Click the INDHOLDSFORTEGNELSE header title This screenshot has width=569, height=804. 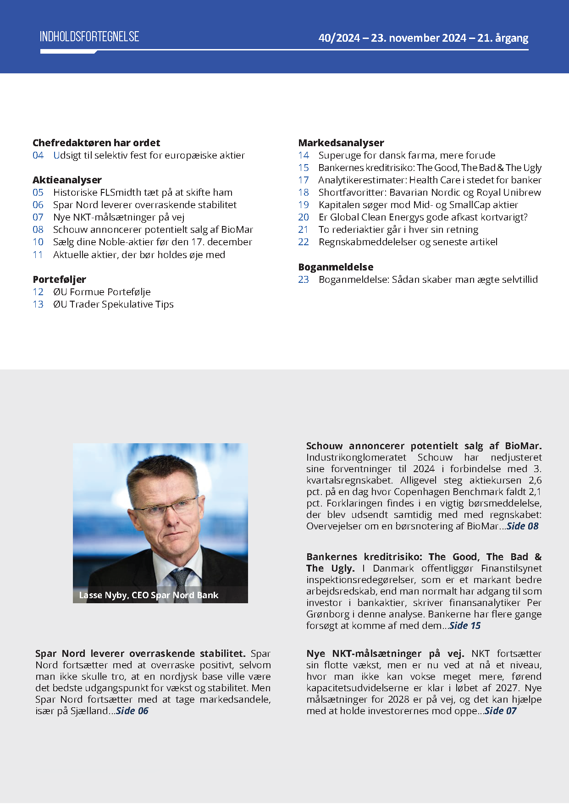click(x=89, y=37)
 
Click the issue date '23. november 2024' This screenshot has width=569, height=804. click(x=418, y=38)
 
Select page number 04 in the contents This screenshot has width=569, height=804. click(x=38, y=155)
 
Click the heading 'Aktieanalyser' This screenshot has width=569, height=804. click(x=67, y=180)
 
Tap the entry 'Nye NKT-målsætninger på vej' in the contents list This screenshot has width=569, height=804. click(x=119, y=217)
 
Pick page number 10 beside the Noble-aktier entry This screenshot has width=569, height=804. click(x=38, y=242)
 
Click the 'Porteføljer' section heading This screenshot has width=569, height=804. click(x=59, y=279)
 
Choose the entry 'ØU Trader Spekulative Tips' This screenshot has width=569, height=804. click(x=113, y=304)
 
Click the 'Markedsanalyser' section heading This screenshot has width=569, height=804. click(x=341, y=143)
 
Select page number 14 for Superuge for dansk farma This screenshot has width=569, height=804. click(x=304, y=155)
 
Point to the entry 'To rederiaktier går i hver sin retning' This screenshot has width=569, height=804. click(x=398, y=230)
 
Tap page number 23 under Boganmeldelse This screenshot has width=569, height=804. click(x=304, y=280)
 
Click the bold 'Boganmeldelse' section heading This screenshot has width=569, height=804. click(x=336, y=267)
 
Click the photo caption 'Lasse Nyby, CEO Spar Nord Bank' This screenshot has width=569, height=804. click(x=149, y=595)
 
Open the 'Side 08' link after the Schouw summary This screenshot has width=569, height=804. click(x=522, y=526)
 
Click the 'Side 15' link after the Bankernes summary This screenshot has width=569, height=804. click(x=465, y=626)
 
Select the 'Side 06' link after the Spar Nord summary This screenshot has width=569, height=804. click(x=132, y=711)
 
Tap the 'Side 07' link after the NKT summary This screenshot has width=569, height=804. click(x=500, y=711)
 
